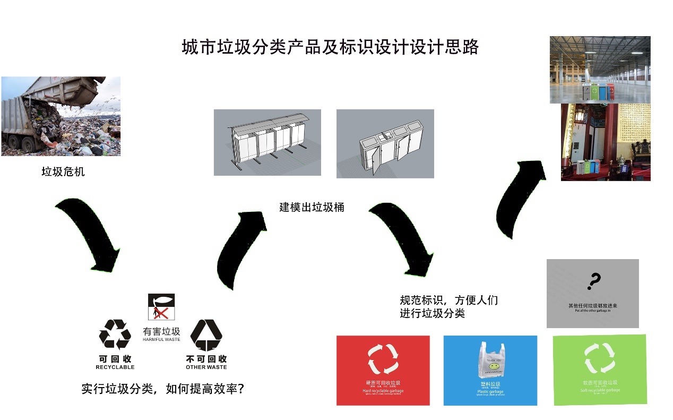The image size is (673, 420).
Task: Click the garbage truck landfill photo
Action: pyautogui.click(x=61, y=116)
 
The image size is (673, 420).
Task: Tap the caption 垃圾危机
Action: pyautogui.click(x=63, y=172)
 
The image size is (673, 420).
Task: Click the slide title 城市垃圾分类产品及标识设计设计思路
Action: pyautogui.click(x=330, y=47)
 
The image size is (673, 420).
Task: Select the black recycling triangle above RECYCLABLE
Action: pyautogui.click(x=115, y=334)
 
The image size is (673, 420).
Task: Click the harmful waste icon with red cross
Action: pyautogui.click(x=161, y=307)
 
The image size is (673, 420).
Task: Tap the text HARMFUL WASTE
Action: pyautogui.click(x=161, y=339)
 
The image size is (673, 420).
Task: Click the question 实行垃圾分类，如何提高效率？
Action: pyautogui.click(x=162, y=389)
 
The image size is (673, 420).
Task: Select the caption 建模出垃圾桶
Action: pyautogui.click(x=312, y=207)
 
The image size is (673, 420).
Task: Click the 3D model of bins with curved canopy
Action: pyautogui.click(x=267, y=142)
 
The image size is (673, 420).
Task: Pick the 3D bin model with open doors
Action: pyautogui.click(x=385, y=144)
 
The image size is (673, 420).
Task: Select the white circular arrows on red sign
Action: pyautogui.click(x=383, y=358)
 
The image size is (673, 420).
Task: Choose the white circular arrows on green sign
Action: pyautogui.click(x=599, y=358)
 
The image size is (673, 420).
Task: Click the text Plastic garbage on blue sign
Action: pyautogui.click(x=490, y=392)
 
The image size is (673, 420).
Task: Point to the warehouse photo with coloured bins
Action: pyautogui.click(x=600, y=70)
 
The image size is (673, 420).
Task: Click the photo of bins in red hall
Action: pyautogui.click(x=606, y=142)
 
